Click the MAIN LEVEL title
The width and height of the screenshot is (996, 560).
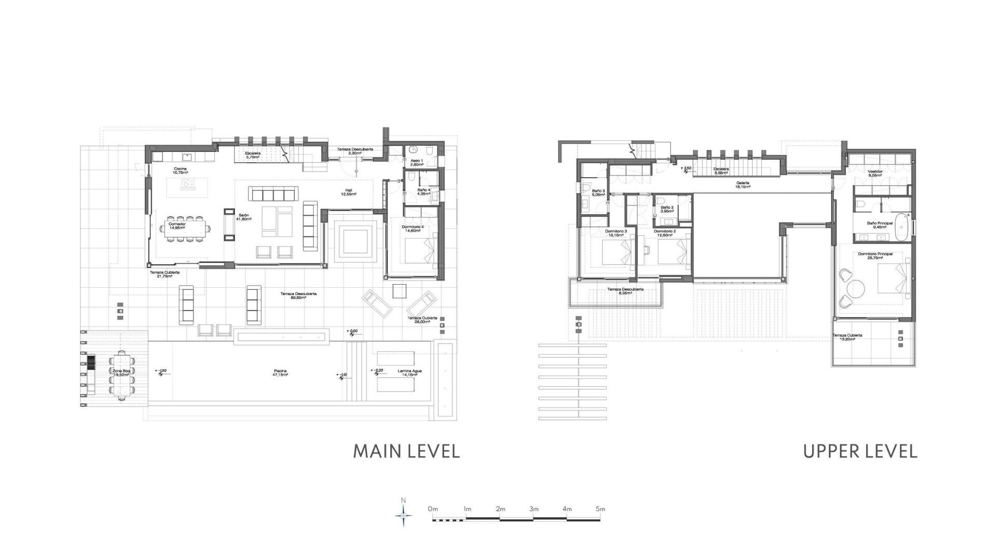click(406, 451)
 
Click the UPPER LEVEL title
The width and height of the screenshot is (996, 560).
click(860, 451)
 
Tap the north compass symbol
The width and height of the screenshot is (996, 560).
click(404, 515)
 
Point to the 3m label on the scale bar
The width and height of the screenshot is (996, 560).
click(534, 509)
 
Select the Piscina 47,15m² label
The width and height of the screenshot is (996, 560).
click(280, 372)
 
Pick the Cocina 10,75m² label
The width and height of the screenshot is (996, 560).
click(180, 171)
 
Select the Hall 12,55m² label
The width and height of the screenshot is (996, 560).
click(348, 192)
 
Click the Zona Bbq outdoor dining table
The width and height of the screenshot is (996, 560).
click(122, 375)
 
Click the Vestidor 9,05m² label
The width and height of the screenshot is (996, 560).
click(875, 173)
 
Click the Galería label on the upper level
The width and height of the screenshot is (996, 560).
click(742, 185)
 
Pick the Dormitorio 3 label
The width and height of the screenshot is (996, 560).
click(616, 233)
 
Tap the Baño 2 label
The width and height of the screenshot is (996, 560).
click(667, 209)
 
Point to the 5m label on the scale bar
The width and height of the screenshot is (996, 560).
click(600, 509)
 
